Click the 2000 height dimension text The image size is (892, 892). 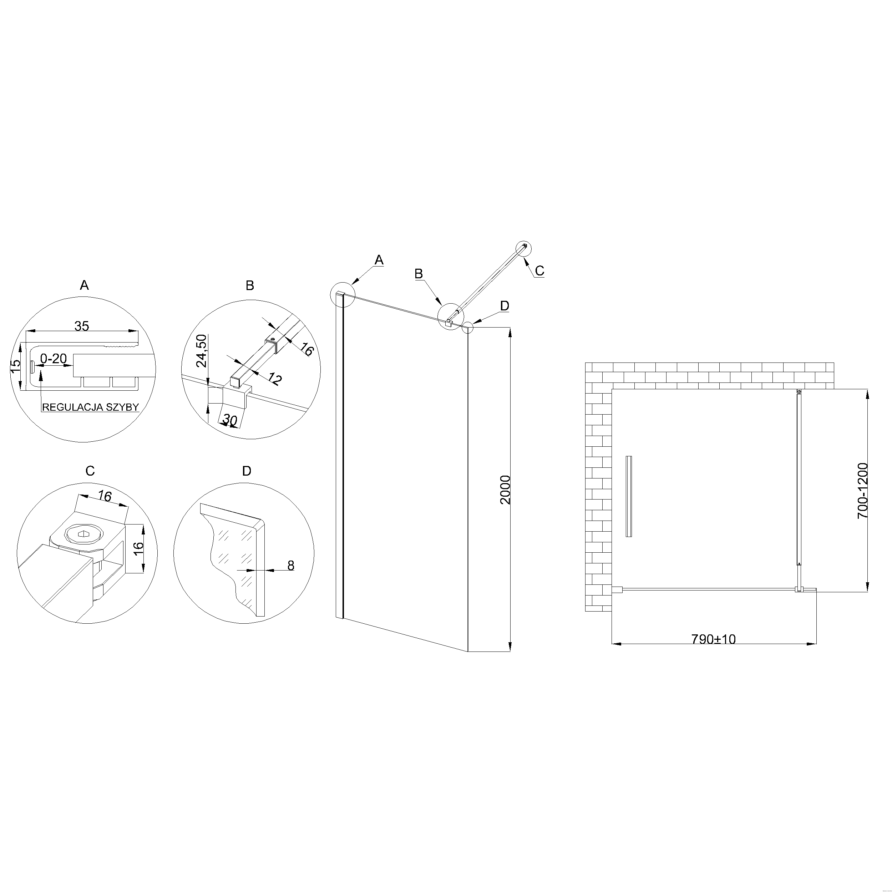click(506, 490)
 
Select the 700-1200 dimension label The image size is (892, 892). click(863, 491)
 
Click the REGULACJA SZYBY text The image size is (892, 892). click(91, 407)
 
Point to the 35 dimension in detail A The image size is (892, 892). click(82, 326)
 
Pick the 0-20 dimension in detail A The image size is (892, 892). click(54, 358)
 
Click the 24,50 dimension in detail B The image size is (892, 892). click(202, 350)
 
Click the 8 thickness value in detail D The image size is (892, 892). click(291, 566)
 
